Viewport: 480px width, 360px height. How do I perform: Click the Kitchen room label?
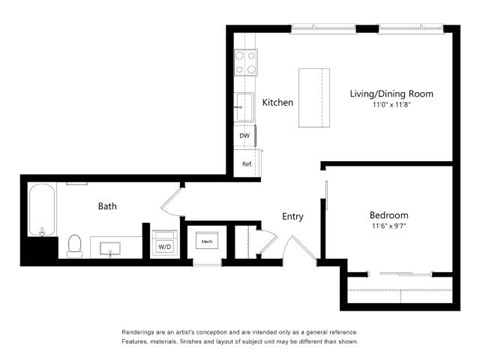pyautogui.click(x=277, y=102)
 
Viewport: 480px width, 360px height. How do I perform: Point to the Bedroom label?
pyautogui.click(x=388, y=215)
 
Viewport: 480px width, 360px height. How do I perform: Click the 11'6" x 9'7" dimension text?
pyautogui.click(x=388, y=226)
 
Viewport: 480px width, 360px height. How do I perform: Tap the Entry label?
pyautogui.click(x=292, y=216)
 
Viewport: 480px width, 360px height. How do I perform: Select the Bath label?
pyautogui.click(x=107, y=206)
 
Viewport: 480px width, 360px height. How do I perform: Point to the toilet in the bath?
pyautogui.click(x=74, y=244)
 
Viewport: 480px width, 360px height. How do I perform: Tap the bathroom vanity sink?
pyautogui.click(x=110, y=246)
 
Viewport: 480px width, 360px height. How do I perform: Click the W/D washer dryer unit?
pyautogui.click(x=164, y=246)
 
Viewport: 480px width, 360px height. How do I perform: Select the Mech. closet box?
pyautogui.click(x=207, y=242)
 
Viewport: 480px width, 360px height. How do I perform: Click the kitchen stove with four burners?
pyautogui.click(x=245, y=63)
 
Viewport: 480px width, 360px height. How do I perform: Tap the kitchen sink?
pyautogui.click(x=244, y=103)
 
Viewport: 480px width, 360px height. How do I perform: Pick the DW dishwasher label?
pyautogui.click(x=244, y=136)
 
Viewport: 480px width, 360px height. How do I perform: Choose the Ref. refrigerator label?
pyautogui.click(x=244, y=163)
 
